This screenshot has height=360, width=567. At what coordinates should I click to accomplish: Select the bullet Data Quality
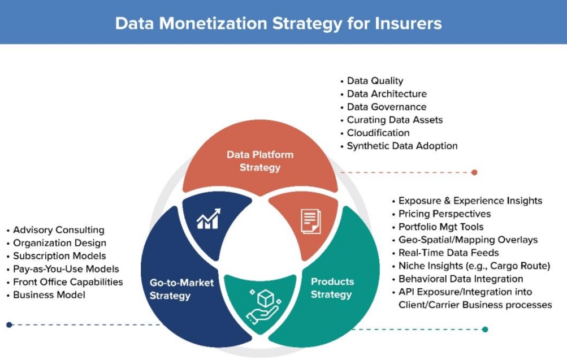375,81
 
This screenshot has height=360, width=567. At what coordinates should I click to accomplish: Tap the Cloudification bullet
378,133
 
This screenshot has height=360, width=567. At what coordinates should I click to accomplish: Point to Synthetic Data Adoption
402,146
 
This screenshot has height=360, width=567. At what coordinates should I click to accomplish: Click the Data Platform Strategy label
260,161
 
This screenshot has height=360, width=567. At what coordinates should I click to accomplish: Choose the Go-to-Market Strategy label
181,289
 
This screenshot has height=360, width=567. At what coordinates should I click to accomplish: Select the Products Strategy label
332,288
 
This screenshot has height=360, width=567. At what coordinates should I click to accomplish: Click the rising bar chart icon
209,219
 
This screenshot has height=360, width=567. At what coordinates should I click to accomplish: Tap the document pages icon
311,221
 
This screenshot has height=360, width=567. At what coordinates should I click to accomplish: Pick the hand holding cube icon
263,305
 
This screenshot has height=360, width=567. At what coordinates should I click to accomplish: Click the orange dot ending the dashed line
474,172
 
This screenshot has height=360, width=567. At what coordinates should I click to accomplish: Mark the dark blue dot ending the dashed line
10,324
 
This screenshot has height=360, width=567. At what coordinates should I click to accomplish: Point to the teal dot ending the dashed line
485,329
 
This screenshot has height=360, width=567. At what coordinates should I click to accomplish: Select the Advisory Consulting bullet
59,230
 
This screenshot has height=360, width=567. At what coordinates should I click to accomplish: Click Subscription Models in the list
60,256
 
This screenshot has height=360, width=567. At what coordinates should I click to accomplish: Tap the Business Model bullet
49,295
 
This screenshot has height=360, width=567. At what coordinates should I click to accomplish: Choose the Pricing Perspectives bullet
444,214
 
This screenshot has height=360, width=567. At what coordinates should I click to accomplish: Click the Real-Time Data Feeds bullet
448,253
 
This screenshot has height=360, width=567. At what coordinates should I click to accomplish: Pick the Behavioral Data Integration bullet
461,279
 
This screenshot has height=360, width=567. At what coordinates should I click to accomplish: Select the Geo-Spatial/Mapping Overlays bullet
468,240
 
